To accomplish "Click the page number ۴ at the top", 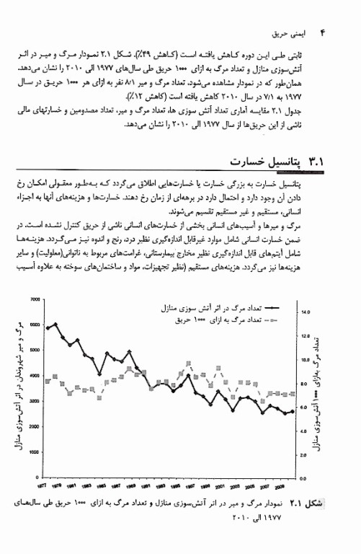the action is pyautogui.click(x=324, y=32).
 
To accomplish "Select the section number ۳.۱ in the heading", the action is pyautogui.click(x=318, y=159).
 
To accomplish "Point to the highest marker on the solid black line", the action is pyautogui.click(x=55, y=324).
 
